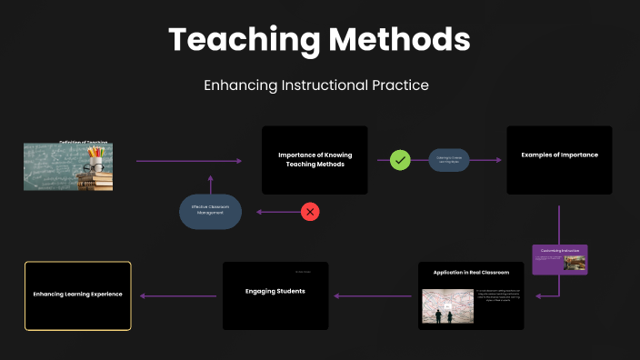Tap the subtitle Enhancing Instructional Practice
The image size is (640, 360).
point(316,85)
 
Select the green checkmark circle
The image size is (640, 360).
point(400,160)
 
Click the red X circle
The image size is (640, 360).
point(310,212)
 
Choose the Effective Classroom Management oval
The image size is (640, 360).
point(210,211)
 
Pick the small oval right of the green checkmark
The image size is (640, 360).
point(449,160)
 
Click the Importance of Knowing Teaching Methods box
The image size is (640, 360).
point(315,160)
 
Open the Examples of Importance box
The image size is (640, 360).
point(559,160)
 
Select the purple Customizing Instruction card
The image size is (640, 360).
point(559,259)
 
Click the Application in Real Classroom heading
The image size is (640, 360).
point(471,272)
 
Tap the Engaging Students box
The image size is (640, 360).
point(275,295)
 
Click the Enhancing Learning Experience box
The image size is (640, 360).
point(77,295)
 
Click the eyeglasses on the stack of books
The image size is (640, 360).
point(94,168)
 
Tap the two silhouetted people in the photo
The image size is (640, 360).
point(440,315)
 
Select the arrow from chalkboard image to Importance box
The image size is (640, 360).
point(189,161)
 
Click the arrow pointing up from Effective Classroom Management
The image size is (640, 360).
point(210,184)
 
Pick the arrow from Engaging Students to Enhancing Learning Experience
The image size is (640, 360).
point(180,295)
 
